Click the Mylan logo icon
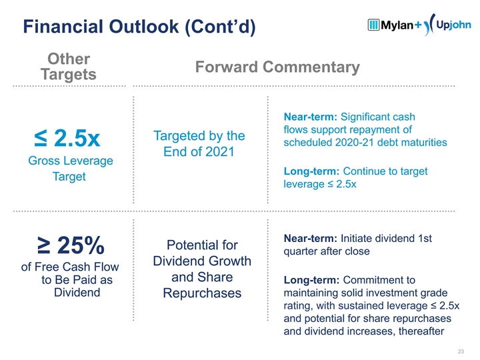point(374,25)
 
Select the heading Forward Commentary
point(277,67)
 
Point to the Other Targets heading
point(69,67)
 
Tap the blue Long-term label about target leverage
point(313,171)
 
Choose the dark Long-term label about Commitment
point(313,279)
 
